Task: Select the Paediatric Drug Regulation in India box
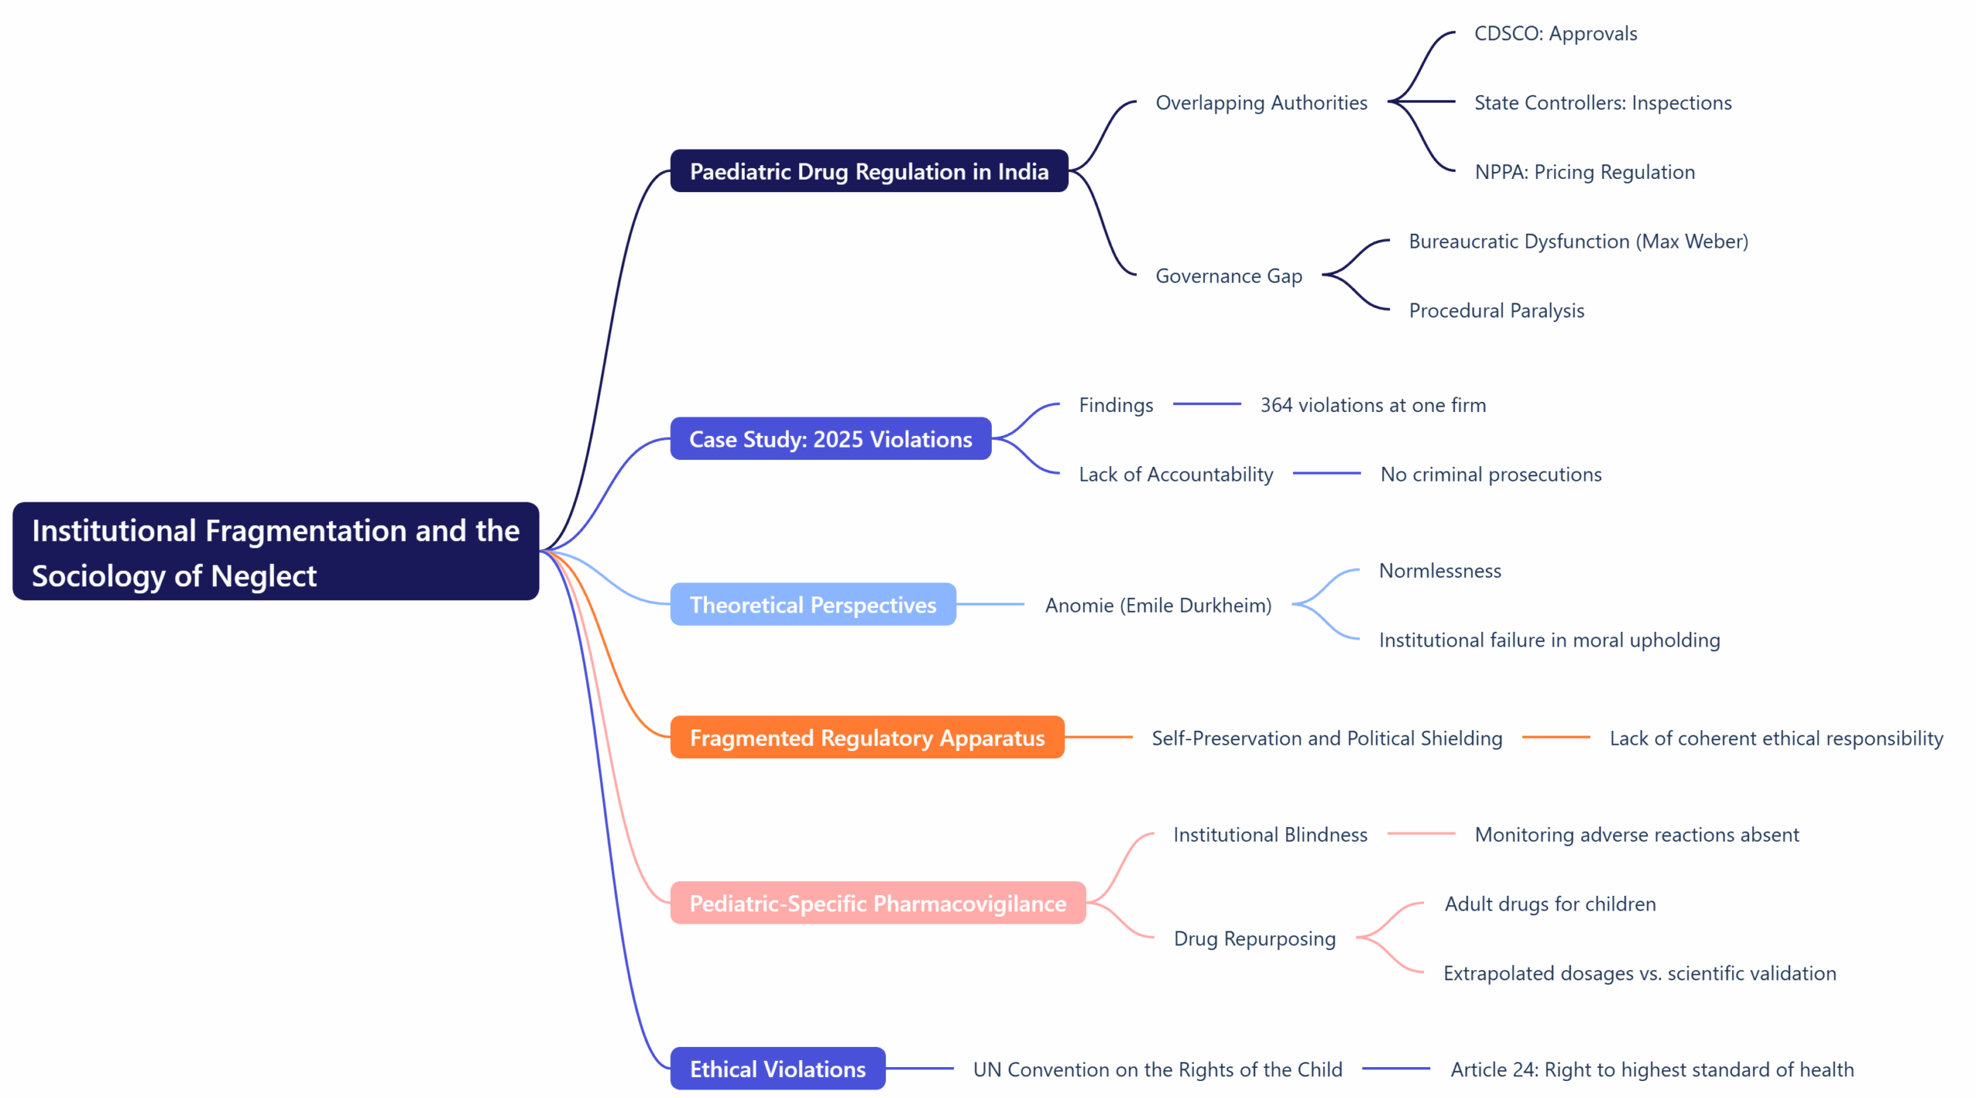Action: [x=868, y=171]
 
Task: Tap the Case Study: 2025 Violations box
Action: [x=830, y=439]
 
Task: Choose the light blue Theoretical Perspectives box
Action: [x=812, y=604]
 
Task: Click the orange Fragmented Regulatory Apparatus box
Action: [x=866, y=738]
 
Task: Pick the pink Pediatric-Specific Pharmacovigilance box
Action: [x=877, y=903]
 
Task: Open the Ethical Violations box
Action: [x=777, y=1069]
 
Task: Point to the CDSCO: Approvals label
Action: [x=1555, y=34]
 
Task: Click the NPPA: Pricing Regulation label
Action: [x=1584, y=172]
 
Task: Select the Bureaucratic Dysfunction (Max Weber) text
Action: [x=1578, y=242]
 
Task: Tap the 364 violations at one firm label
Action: [x=1372, y=405]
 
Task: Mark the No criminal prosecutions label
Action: [x=1490, y=475]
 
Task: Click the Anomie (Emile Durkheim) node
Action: [x=1157, y=605]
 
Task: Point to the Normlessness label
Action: [x=1440, y=571]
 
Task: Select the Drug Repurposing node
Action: [x=1254, y=938]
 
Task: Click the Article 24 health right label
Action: [x=1651, y=1069]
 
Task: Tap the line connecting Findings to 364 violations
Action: [x=1206, y=404]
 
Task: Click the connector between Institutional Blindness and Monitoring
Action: [x=1419, y=834]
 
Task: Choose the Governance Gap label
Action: [x=1228, y=276]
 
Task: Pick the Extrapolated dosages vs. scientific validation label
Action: [x=1639, y=973]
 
